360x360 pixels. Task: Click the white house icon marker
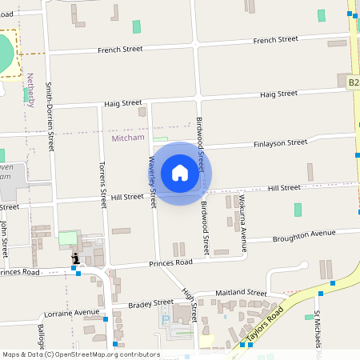point(179,173)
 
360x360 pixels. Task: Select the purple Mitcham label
point(127,138)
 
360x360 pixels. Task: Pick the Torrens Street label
point(102,183)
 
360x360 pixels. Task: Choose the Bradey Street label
point(151,302)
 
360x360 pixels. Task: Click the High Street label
point(189,301)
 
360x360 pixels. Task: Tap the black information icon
point(75,258)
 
